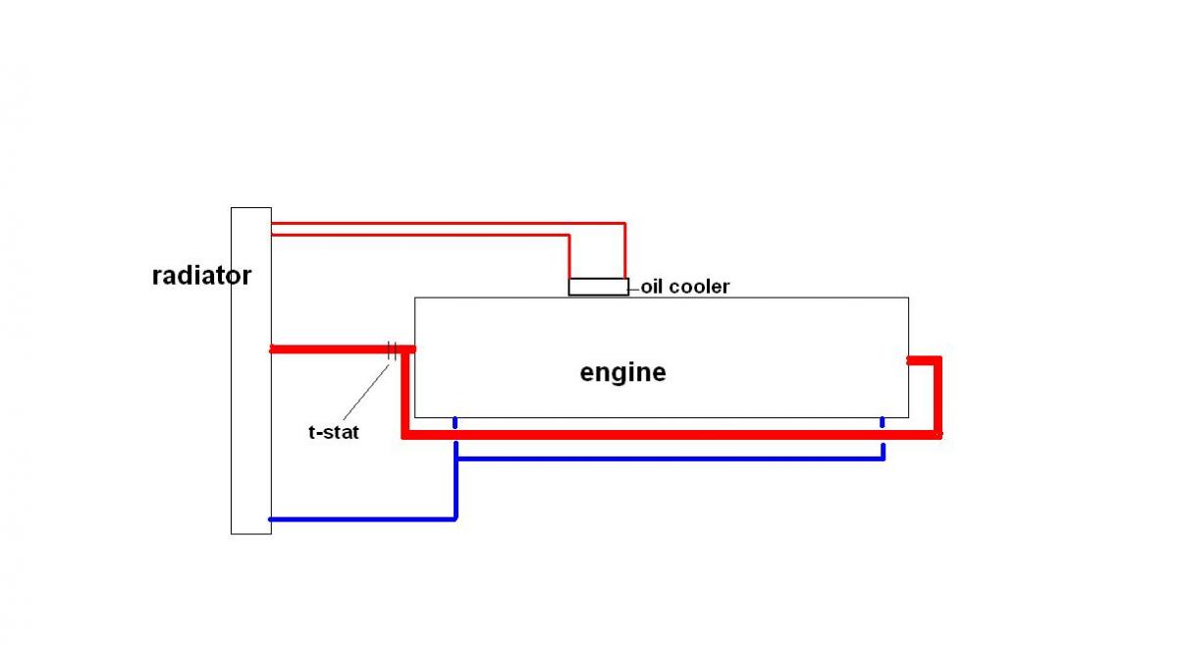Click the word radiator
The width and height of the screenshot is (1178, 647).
(x=201, y=276)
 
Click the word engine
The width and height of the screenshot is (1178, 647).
(x=622, y=373)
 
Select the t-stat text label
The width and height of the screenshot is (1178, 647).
(x=334, y=431)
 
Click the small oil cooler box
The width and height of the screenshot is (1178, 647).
(x=599, y=287)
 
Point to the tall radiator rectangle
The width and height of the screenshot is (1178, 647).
(x=250, y=442)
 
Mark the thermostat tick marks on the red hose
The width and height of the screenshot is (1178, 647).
(x=392, y=349)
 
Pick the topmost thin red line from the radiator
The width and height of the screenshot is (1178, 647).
(x=442, y=223)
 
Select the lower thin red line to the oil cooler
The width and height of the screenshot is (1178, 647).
(x=422, y=235)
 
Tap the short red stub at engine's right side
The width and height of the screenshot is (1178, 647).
(x=921, y=360)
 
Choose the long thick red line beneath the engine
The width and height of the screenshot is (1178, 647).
(x=668, y=434)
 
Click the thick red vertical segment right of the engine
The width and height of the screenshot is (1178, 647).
(x=937, y=398)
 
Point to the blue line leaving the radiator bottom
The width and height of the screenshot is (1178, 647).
(x=363, y=518)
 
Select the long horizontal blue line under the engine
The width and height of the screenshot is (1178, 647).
(x=668, y=458)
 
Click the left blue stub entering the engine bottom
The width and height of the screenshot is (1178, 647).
(x=455, y=424)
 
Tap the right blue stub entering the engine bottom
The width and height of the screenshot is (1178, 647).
(x=883, y=423)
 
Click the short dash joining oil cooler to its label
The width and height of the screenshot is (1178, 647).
(x=634, y=288)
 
